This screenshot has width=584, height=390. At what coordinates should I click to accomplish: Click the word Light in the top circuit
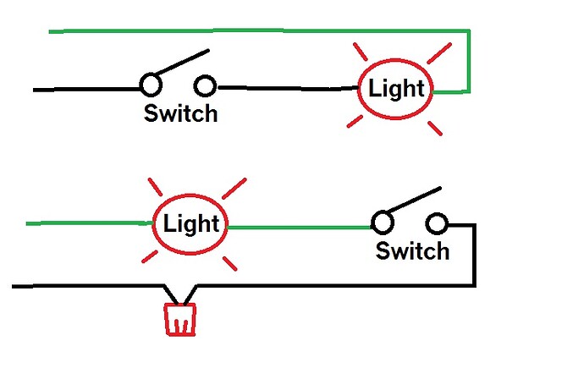coord(397,89)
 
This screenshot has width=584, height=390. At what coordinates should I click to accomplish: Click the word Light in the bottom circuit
coord(191,224)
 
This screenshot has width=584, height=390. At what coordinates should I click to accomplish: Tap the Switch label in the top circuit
coord(180,113)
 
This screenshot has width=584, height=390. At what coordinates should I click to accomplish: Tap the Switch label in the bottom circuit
coord(412,251)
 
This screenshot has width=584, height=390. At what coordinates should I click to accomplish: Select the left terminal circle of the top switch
coord(150,85)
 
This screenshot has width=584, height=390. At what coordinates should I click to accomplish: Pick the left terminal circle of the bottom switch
coord(382,223)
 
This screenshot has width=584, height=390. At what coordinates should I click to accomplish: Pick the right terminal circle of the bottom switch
coord(437,223)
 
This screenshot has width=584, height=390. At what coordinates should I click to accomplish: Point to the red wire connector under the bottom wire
coord(179,319)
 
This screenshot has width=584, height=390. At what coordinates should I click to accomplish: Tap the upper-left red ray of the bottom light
coord(155,186)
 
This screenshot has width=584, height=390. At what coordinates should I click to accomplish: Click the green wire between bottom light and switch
coord(300,227)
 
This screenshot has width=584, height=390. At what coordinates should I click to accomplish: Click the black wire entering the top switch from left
coord(85,88)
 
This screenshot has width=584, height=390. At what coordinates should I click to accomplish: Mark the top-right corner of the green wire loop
coord(468,32)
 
